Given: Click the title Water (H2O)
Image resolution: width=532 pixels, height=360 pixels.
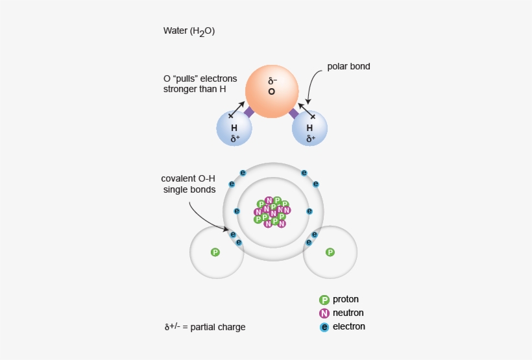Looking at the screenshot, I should pos(189,31).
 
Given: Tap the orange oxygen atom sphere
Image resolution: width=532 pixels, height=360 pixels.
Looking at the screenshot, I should pos(271,91).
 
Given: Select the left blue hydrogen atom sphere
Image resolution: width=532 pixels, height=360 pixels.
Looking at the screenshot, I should pos(234,128).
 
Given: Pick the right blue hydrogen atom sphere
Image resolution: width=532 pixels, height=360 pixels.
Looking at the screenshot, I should pos(310,128).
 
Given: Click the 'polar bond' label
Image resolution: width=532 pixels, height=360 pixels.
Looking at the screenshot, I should pos(348,66).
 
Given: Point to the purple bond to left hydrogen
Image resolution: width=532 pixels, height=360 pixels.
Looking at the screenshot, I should pos(248,112).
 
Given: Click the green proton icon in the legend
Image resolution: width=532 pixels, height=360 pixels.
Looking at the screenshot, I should pos(324,300).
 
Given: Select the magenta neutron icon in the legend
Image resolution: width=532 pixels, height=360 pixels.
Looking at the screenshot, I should pos(324,313).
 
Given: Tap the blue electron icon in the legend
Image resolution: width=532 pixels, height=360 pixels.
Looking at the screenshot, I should pos(324,327).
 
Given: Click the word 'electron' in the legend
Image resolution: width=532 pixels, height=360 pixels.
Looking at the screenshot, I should pos(349,327).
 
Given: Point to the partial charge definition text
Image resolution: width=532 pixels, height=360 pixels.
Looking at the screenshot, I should pos(205,327).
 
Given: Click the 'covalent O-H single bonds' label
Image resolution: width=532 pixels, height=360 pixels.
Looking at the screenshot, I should pos(188,184).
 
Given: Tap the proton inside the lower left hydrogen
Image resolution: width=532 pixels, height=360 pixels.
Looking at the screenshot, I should pos(215,252).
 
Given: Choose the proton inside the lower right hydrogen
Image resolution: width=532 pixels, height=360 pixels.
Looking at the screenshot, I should pos(330,252).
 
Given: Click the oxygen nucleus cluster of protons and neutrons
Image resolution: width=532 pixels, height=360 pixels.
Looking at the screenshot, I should pos(272,211).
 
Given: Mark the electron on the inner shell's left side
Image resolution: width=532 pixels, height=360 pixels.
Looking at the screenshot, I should pos(237,211).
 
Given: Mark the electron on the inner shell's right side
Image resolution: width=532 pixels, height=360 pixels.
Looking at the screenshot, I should pos(309,211).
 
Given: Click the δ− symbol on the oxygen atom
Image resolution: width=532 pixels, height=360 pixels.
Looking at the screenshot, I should pos(272,81).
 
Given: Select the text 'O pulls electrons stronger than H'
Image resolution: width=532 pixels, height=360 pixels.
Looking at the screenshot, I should pos(200,84).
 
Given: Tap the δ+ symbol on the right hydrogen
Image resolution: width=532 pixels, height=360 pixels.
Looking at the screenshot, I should pos(311,138).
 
